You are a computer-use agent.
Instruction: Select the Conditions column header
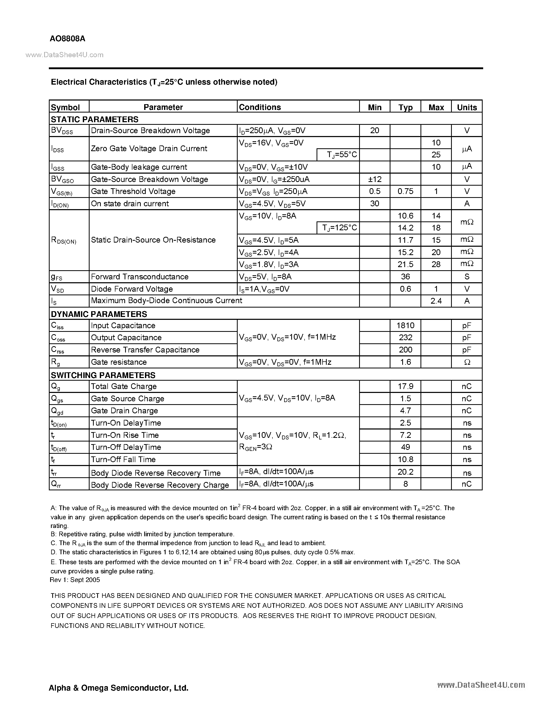pyautogui.click(x=260, y=107)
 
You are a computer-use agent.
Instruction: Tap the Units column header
pyautogui.click(x=466, y=107)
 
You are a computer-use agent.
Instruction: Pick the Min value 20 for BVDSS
pyautogui.click(x=375, y=131)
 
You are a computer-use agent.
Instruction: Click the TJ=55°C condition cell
pyautogui.click(x=338, y=155)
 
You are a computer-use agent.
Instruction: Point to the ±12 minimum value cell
pyautogui.click(x=375, y=179)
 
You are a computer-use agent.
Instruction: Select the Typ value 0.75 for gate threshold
pyautogui.click(x=405, y=191)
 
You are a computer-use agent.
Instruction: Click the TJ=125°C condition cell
pyautogui.click(x=338, y=228)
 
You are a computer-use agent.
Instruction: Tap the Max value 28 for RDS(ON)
pyautogui.click(x=436, y=264)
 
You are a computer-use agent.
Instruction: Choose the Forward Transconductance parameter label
pyautogui.click(x=140, y=277)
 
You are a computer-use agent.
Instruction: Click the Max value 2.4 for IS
pyautogui.click(x=436, y=301)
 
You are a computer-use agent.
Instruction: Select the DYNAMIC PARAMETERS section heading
pyautogui.click(x=99, y=314)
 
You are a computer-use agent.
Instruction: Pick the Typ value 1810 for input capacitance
pyautogui.click(x=405, y=326)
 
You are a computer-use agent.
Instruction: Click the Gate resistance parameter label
pyautogui.click(x=119, y=362)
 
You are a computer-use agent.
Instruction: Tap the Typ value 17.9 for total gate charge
pyautogui.click(x=405, y=386)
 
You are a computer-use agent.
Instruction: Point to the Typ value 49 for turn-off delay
pyautogui.click(x=405, y=447)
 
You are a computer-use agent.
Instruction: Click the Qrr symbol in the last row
pyautogui.click(x=56, y=484)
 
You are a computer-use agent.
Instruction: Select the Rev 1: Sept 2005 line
pyautogui.click(x=75, y=580)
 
